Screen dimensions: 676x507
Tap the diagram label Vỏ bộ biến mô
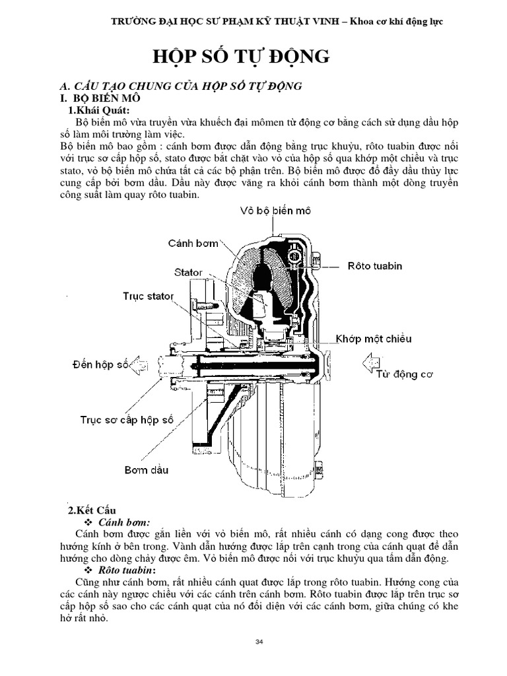point(275,211)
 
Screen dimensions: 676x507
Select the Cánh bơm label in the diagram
point(193,243)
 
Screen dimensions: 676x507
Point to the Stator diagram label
point(189,272)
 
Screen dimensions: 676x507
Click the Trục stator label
point(149,296)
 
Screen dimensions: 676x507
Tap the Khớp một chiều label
point(373,339)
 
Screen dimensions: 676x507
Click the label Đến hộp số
point(100,364)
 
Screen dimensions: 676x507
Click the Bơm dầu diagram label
point(146,470)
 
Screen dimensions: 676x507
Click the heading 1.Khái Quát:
point(100,110)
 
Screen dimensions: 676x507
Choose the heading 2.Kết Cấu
point(92,510)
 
